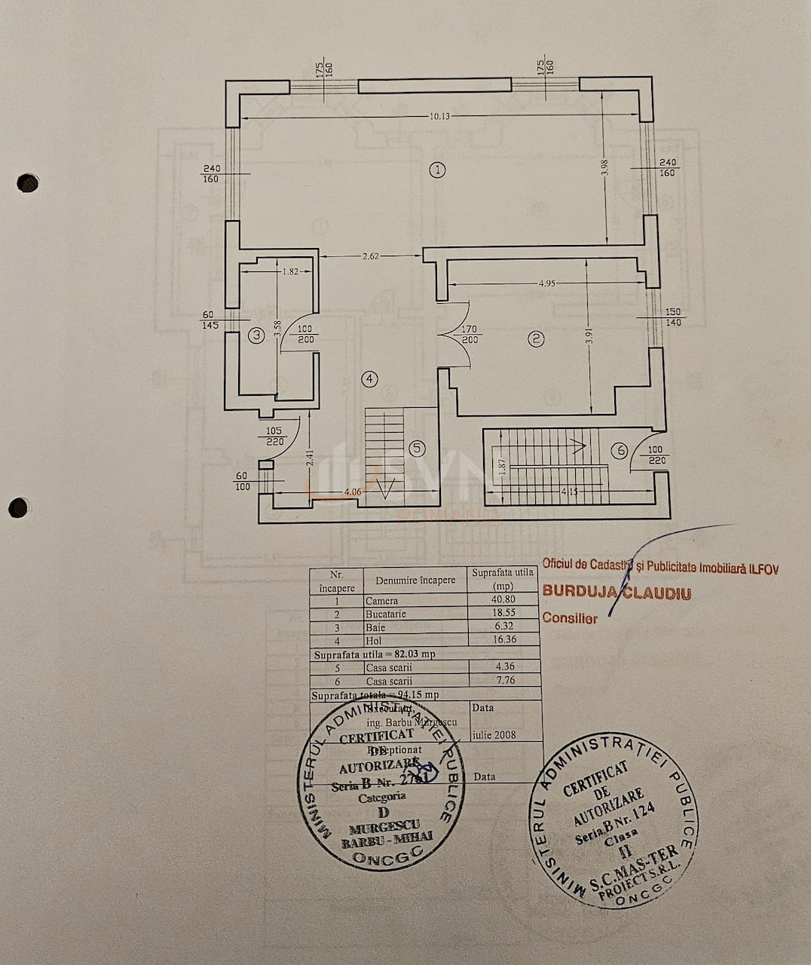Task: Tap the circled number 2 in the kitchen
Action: pos(537,339)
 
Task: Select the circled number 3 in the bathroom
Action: pos(257,335)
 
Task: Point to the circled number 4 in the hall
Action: pos(369,378)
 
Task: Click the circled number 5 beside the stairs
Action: pos(417,448)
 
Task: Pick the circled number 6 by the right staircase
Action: pos(619,451)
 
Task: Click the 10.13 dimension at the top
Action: pos(440,116)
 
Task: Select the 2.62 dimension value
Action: pos(370,256)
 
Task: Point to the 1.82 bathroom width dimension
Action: pos(290,271)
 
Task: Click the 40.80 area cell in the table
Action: pos(504,602)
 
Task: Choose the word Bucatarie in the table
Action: pos(386,614)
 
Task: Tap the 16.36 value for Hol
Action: pos(504,640)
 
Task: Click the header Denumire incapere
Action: pos(415,581)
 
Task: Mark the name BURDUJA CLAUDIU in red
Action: pos(617,593)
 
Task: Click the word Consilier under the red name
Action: pos(570,618)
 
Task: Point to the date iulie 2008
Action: pos(494,734)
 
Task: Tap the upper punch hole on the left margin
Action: pos(28,182)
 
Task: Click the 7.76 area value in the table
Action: pos(504,681)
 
